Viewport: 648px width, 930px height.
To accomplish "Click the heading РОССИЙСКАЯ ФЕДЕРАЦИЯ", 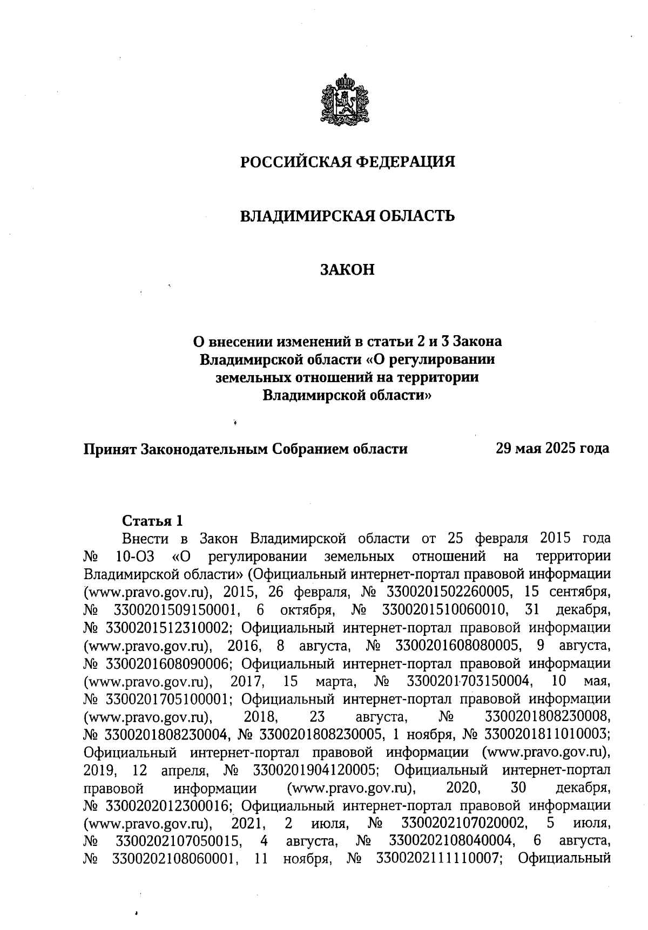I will pyautogui.click(x=347, y=162).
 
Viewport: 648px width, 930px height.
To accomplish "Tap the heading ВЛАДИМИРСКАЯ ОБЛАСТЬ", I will pyautogui.click(x=347, y=216).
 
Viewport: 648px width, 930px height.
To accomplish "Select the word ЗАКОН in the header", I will pyautogui.click(x=347, y=269).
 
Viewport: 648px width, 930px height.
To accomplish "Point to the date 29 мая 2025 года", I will pyautogui.click(x=552, y=449).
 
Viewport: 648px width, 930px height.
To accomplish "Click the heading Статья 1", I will pyautogui.click(x=153, y=521).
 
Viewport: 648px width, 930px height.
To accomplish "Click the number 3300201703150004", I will pyautogui.click(x=469, y=681).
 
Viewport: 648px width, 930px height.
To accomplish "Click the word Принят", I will pyautogui.click(x=109, y=449).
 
